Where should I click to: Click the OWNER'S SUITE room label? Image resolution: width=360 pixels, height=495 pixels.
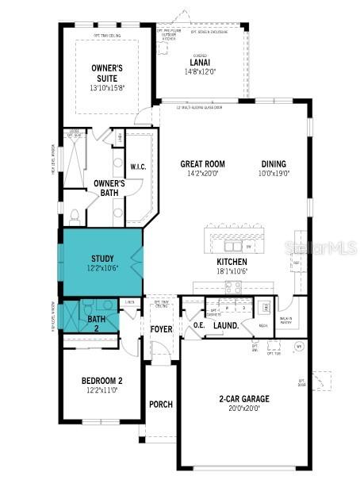(x=107, y=73)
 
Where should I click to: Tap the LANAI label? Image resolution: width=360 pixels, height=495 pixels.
(x=199, y=62)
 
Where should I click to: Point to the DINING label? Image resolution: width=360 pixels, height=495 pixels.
(x=275, y=164)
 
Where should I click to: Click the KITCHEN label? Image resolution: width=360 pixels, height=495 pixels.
(x=232, y=262)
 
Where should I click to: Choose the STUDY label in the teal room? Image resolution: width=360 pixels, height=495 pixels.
(x=102, y=259)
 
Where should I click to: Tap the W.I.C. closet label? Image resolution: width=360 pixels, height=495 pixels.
(x=138, y=167)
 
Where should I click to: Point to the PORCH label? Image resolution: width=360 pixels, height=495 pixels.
(x=161, y=404)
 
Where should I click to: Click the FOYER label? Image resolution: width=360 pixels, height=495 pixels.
(x=161, y=329)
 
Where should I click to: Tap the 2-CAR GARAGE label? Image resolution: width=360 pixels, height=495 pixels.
(x=243, y=398)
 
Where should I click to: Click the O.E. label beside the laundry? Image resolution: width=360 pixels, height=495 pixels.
(x=198, y=324)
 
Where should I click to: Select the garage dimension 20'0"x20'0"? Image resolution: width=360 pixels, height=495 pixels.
(x=243, y=409)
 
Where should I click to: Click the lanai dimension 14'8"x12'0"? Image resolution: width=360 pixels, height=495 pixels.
(x=199, y=71)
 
